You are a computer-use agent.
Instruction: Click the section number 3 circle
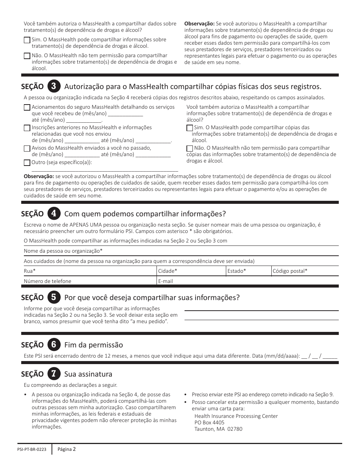[x=53, y=86]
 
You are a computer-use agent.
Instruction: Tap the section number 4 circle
[x=53, y=213]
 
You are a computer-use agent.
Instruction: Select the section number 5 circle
[x=53, y=297]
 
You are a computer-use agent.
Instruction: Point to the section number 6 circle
[x=53, y=345]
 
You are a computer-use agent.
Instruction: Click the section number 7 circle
[x=53, y=374]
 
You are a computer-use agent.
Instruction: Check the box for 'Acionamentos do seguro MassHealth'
[x=27, y=108]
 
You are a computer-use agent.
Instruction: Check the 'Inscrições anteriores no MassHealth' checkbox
[x=27, y=128]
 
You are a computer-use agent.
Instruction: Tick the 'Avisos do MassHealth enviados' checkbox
[x=27, y=149]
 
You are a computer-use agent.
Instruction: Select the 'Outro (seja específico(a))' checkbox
[x=27, y=163]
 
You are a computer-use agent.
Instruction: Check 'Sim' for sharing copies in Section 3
[x=189, y=128]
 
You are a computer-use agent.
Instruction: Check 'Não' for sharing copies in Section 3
[x=189, y=149]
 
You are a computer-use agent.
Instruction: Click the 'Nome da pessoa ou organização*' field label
[x=63, y=251]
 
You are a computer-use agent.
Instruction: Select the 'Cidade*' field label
[x=167, y=271]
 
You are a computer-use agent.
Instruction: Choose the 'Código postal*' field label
[x=290, y=271]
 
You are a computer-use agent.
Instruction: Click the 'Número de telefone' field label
[x=47, y=281]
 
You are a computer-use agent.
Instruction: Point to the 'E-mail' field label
[x=165, y=281]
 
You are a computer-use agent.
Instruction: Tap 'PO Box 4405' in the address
[x=209, y=422]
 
